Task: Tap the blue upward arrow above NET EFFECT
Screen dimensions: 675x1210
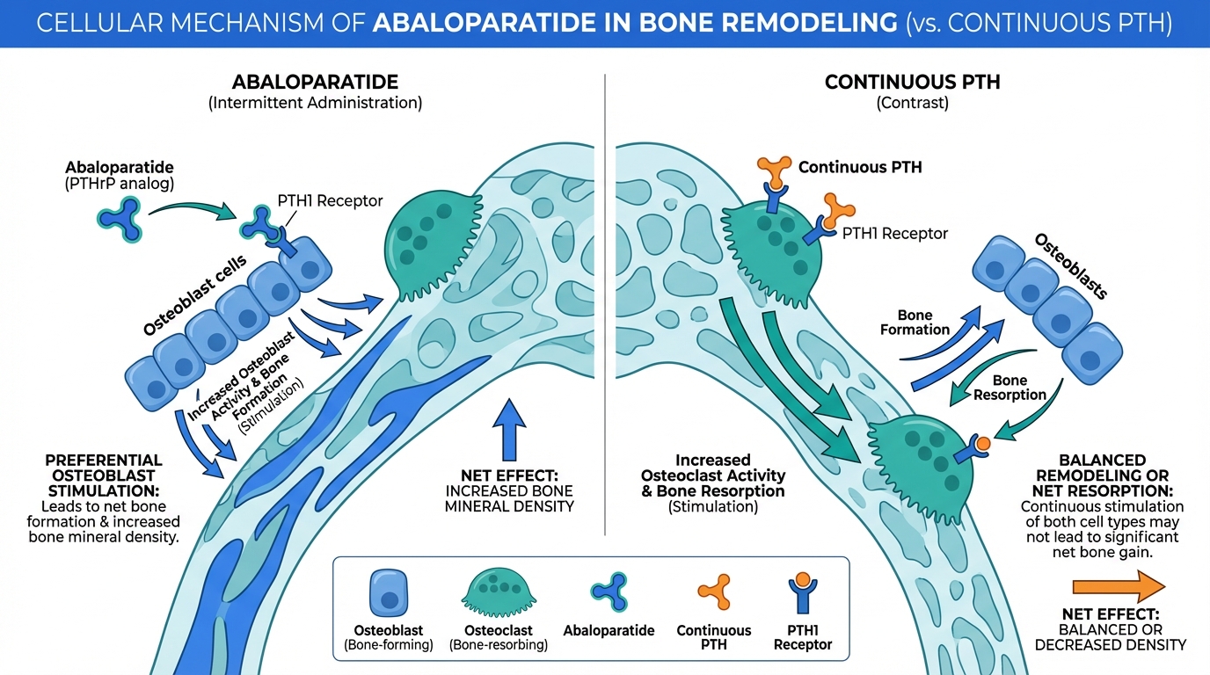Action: pos(509,428)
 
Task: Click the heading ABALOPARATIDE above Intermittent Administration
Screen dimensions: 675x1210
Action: pos(315,83)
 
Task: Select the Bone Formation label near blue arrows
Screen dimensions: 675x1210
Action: pos(915,323)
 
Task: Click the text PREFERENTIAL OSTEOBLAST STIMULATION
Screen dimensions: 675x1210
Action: pos(104,475)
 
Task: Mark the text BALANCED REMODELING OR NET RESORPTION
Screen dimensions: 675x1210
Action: pos(1102,475)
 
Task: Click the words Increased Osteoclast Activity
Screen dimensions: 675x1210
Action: pos(712,468)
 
